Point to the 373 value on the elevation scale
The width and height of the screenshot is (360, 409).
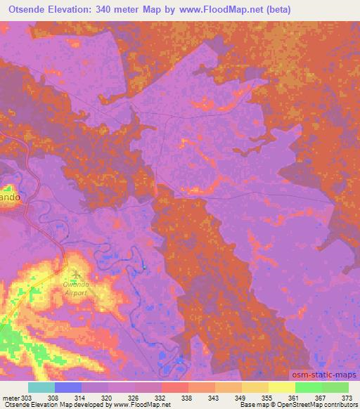[x=348, y=397]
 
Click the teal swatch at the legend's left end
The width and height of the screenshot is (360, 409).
[x=41, y=387]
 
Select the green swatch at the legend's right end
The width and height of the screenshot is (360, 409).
[x=335, y=387]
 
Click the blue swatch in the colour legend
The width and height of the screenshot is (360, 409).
[x=67, y=387]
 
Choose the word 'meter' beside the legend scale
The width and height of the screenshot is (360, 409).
[x=11, y=397]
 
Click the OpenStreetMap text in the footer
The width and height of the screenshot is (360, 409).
[x=319, y=405]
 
